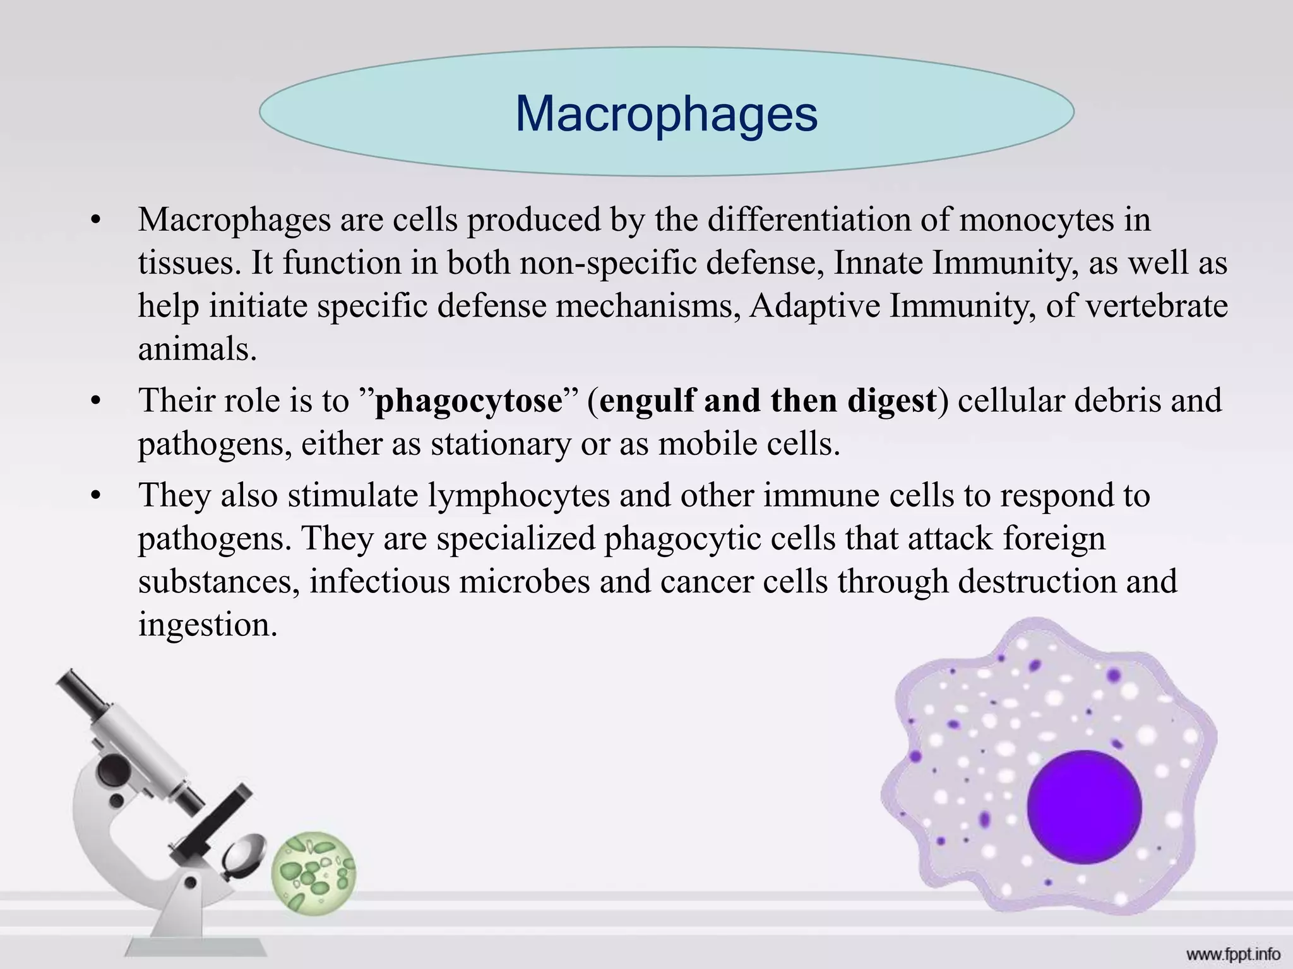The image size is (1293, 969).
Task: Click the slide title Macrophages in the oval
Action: pos(666,114)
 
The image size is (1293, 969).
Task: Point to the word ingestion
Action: pos(208,625)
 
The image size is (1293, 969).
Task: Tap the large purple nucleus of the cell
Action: pos(1084,807)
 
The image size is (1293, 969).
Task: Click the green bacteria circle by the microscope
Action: pos(314,872)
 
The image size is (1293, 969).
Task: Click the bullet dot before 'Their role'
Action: pos(95,402)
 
